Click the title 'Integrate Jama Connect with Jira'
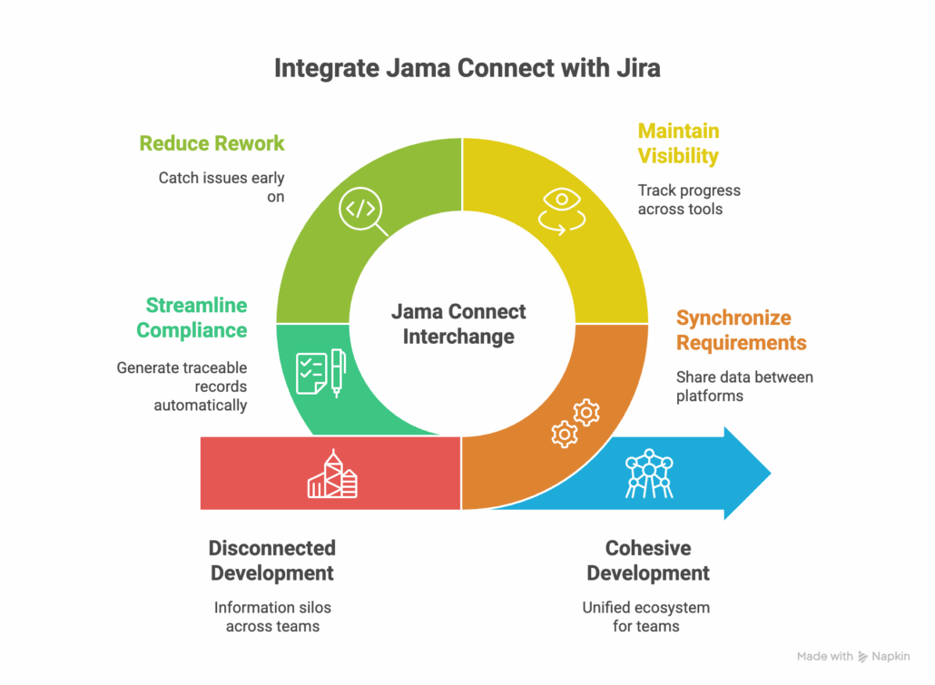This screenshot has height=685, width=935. [x=467, y=69]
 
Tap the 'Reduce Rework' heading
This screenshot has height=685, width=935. [x=212, y=143]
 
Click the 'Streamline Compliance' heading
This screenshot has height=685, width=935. [x=192, y=318]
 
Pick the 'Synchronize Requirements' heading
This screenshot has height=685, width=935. [x=741, y=330]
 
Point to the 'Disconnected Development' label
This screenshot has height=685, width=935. [x=271, y=561]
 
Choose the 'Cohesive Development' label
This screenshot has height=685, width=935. [x=647, y=561]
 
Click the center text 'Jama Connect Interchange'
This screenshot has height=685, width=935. [x=458, y=324]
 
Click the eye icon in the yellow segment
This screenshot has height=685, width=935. [x=561, y=208]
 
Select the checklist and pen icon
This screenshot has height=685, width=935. [x=320, y=372]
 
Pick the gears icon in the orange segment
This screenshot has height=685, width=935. [x=576, y=422]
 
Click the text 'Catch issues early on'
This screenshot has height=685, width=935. [x=221, y=187]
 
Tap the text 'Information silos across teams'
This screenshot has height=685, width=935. [x=272, y=617]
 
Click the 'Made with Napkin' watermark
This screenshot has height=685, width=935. [x=854, y=656]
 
